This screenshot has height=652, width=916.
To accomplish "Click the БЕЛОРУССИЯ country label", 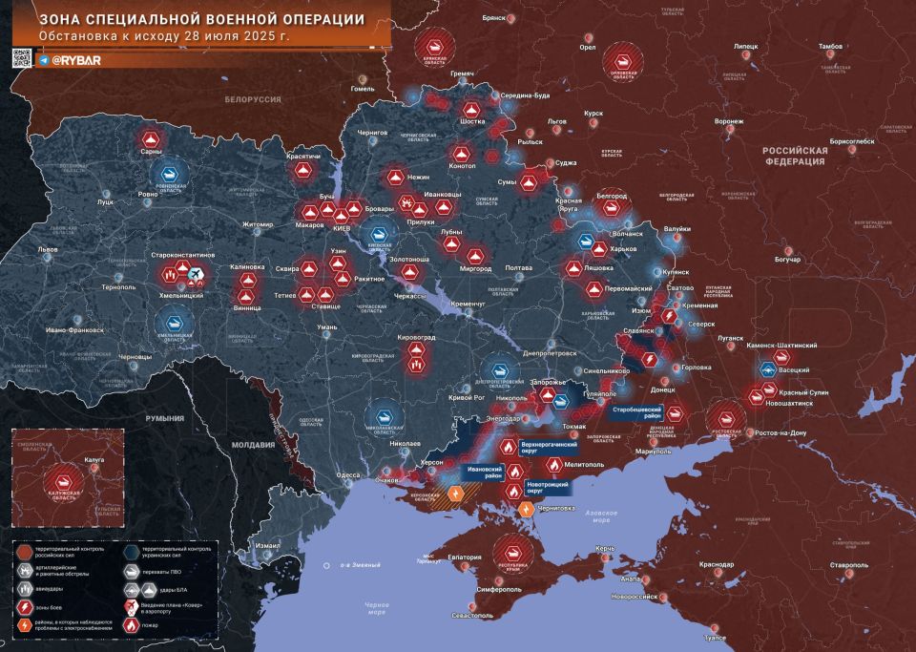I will click(x=253, y=99).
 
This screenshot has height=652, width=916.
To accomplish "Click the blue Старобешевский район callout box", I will click(x=638, y=411).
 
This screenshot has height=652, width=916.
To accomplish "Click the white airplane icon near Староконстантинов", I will click(x=197, y=275).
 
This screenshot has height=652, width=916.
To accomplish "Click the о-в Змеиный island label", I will click(x=338, y=566).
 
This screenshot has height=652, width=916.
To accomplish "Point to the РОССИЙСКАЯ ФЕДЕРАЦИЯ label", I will click(x=794, y=157).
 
